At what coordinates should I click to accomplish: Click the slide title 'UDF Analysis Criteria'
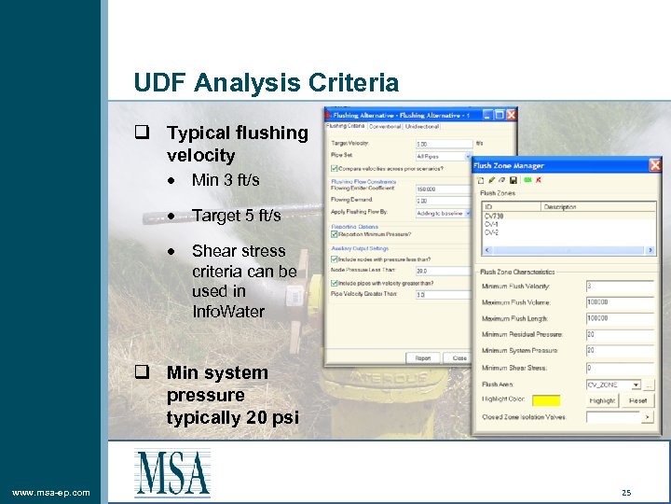[x=266, y=83]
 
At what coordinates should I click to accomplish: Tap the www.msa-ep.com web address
[x=51, y=492]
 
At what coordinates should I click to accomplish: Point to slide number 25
[x=626, y=492]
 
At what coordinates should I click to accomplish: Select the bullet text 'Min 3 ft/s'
[x=226, y=180]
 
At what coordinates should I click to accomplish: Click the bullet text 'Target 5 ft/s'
[x=236, y=216]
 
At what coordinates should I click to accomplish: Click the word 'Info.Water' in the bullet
[x=227, y=312]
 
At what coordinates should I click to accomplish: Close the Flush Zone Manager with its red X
[x=654, y=165]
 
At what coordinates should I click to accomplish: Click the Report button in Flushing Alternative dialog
[x=423, y=357]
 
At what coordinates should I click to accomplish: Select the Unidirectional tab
[x=422, y=126]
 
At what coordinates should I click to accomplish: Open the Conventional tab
[x=385, y=126]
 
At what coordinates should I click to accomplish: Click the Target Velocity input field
[x=443, y=144]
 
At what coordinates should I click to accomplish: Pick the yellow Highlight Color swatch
[x=545, y=400]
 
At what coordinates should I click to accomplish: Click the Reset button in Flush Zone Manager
[x=637, y=400]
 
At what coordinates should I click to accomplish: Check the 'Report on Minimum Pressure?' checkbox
[x=334, y=233]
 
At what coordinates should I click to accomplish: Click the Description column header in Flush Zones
[x=560, y=207]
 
